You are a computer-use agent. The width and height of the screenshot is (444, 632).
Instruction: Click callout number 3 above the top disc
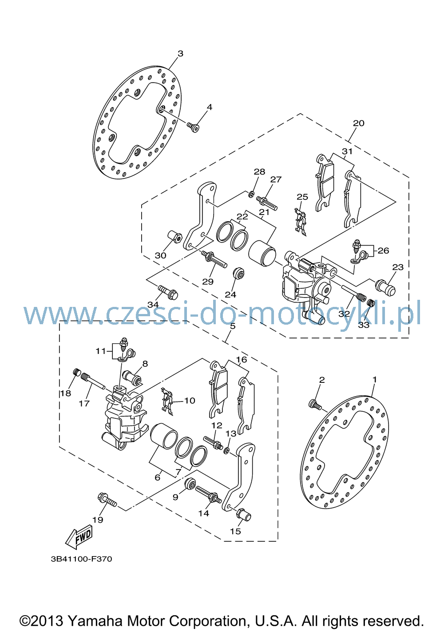click(x=180, y=53)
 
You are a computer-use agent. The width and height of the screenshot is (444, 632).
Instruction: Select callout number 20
click(x=358, y=123)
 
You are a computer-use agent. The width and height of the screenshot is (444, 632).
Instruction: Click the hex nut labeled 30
click(x=175, y=237)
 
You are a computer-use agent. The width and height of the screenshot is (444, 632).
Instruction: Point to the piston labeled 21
click(x=262, y=253)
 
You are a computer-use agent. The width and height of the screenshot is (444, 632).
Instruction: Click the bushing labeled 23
click(x=385, y=287)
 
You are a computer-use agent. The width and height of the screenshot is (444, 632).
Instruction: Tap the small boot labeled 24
click(x=238, y=273)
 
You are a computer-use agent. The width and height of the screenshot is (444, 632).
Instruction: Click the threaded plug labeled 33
click(x=371, y=303)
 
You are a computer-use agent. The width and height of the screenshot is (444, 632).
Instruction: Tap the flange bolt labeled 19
click(x=107, y=501)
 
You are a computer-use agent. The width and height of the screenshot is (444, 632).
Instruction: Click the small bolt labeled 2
click(x=315, y=404)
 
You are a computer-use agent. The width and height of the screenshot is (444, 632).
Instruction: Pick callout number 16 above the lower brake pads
click(x=242, y=359)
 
